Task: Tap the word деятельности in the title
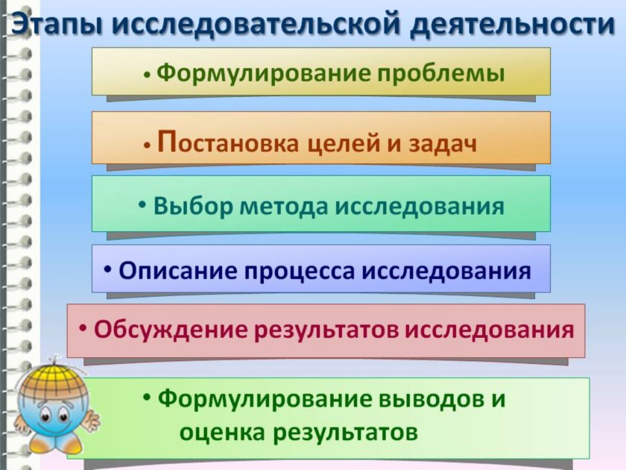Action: click(x=512, y=24)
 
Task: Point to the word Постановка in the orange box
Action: click(x=228, y=142)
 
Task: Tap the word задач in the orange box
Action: click(x=443, y=144)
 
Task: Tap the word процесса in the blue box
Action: click(x=299, y=272)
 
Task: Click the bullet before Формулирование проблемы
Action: click(x=148, y=75)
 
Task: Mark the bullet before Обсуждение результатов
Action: click(x=83, y=328)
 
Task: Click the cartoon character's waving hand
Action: click(x=91, y=419)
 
